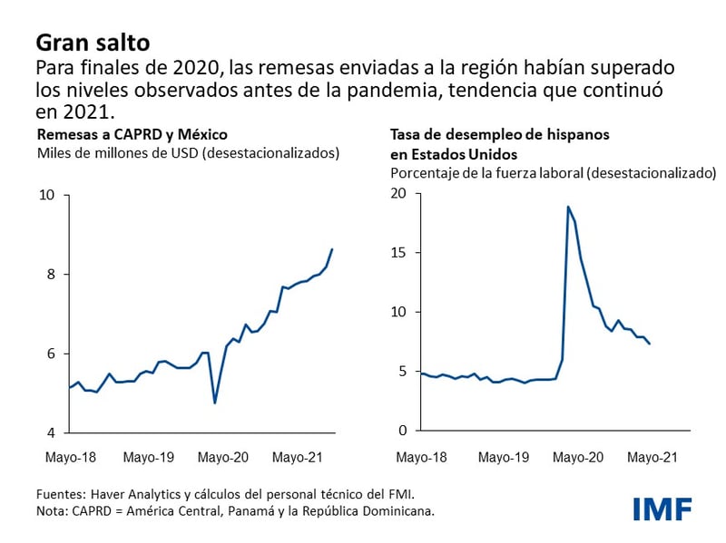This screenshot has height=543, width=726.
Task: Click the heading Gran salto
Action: (x=93, y=42)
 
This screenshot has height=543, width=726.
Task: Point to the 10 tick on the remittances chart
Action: (x=46, y=195)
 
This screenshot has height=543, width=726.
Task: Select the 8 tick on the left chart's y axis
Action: (x=51, y=274)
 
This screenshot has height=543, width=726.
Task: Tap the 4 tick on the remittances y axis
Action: (x=51, y=432)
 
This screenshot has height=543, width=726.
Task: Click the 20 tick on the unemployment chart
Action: (x=398, y=193)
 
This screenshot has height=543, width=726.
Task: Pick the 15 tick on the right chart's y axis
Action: (x=398, y=253)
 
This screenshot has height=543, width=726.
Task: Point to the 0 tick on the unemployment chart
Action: (x=403, y=431)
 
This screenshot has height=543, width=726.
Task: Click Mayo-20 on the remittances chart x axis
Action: (x=223, y=458)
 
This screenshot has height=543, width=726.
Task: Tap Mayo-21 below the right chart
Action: (x=652, y=458)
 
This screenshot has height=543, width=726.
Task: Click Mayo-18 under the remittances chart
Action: (x=71, y=458)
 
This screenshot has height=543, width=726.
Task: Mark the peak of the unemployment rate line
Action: (x=568, y=207)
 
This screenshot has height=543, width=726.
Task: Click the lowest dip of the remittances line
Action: (x=215, y=402)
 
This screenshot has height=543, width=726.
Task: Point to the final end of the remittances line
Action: (x=332, y=249)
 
